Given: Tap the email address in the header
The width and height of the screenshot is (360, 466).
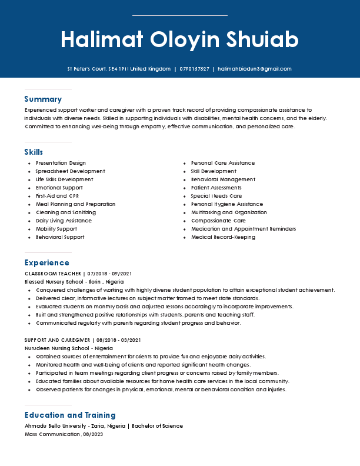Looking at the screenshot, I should [x=254, y=69].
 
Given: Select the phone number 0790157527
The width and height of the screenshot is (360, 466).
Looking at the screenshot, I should [x=194, y=69].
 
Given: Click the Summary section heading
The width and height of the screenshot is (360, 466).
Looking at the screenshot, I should [x=43, y=99].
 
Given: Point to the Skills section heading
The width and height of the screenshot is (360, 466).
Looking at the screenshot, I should [x=34, y=152].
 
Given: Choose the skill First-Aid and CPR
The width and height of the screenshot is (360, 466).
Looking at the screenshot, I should [x=57, y=196].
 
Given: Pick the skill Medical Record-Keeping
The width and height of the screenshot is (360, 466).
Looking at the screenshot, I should [x=223, y=237].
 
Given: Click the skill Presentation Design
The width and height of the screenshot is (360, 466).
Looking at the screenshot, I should [x=61, y=163].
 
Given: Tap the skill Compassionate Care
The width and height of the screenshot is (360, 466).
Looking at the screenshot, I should [x=218, y=221].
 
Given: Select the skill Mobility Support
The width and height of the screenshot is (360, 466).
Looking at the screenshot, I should [x=56, y=229].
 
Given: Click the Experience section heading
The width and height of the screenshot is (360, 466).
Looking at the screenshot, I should [x=48, y=262].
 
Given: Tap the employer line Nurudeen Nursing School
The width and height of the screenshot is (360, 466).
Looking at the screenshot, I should [x=68, y=348].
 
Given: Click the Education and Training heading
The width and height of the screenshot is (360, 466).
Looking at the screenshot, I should [x=70, y=415].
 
